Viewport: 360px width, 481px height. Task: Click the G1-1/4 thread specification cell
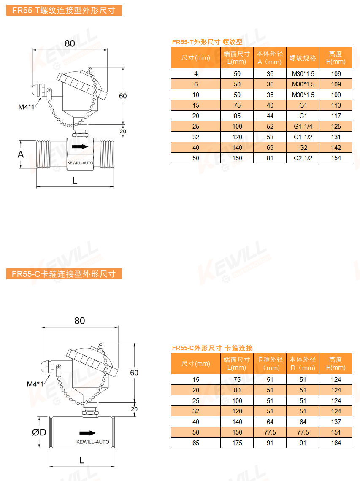303,127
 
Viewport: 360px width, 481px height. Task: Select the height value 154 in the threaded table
336,158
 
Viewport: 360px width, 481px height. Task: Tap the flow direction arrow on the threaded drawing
80,147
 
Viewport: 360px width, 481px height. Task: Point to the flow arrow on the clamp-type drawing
88,433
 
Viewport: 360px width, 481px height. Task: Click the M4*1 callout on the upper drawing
26,107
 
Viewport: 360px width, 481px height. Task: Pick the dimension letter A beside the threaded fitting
21,154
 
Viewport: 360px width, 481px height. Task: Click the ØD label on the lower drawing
39,432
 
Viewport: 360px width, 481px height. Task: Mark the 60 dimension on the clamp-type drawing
134,373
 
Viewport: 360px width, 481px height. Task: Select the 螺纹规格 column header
303,58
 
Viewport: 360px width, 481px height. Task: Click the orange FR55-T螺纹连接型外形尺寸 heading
64,10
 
